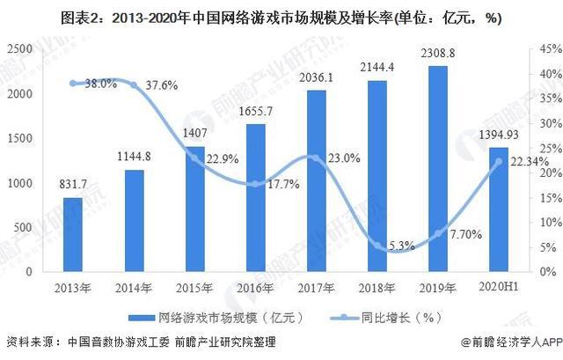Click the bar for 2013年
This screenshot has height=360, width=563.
point(73,235)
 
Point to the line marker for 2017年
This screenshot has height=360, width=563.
point(317,158)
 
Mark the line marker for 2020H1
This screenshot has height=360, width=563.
point(500,161)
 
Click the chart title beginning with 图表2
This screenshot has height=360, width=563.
point(281,14)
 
